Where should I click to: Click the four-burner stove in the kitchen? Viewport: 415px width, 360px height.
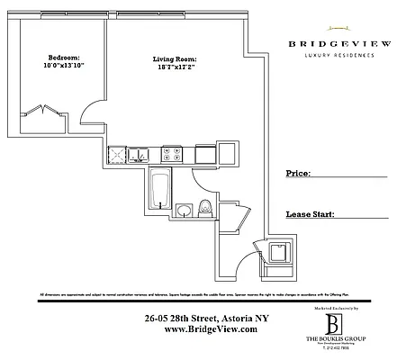(173, 156)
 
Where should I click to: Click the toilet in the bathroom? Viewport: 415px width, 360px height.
(204, 208)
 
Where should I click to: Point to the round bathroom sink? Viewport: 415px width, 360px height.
(183, 211)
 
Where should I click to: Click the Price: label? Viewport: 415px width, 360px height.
(299, 172)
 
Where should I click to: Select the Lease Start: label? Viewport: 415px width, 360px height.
(310, 216)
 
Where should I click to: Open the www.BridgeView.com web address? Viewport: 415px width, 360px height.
(200, 329)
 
